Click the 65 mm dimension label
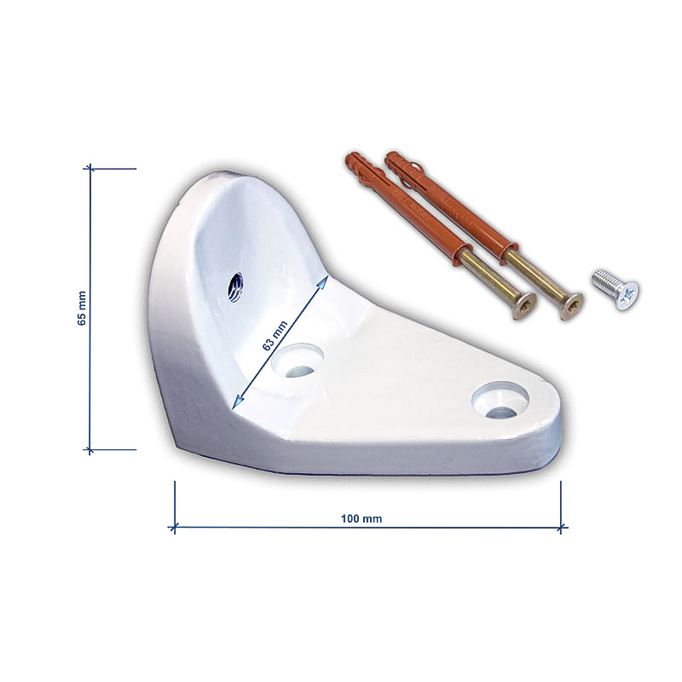(81, 309)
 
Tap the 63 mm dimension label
(275, 335)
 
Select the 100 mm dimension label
(361, 518)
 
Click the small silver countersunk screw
(615, 289)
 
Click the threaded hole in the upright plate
(236, 286)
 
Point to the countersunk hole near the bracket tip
(500, 400)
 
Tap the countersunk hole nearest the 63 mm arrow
(298, 360)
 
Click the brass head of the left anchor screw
(523, 306)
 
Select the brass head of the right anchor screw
(570, 306)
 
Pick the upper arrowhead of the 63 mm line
(323, 283)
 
